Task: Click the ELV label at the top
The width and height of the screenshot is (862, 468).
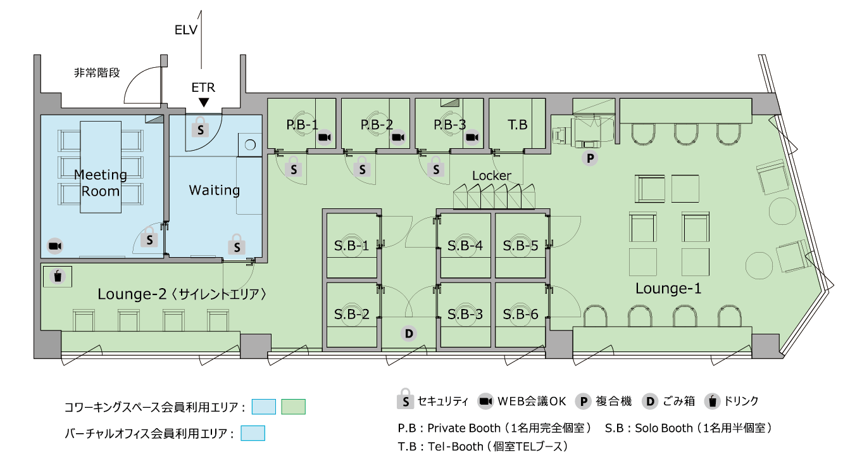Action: (x=186, y=30)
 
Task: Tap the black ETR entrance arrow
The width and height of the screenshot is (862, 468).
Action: (x=204, y=103)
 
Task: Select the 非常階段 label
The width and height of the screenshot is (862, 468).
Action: (x=97, y=72)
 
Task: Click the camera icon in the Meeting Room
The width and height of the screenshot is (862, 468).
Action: (x=55, y=246)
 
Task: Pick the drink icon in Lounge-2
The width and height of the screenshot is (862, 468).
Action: (x=58, y=276)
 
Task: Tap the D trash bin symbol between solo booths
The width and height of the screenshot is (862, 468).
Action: (x=409, y=334)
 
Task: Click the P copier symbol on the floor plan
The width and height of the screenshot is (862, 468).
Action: (x=590, y=158)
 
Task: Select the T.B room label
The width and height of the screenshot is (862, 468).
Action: (x=517, y=124)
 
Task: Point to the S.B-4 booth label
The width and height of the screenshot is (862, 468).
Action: (x=465, y=245)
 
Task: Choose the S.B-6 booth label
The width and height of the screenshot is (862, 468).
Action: (x=520, y=314)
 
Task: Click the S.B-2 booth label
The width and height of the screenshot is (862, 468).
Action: (x=352, y=314)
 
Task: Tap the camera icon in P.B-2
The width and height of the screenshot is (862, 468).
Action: (x=398, y=137)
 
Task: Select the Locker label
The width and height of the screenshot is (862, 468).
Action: (x=491, y=175)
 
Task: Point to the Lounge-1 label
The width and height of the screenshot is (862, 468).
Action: (x=668, y=288)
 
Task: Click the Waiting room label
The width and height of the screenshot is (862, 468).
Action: (x=215, y=190)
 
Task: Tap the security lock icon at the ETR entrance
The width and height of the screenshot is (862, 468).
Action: (x=201, y=127)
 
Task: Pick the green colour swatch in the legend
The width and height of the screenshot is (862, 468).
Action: (x=293, y=407)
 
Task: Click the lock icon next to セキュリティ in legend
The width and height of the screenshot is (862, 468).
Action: (x=405, y=399)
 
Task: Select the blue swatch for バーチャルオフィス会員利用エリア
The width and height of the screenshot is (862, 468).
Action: (x=253, y=433)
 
